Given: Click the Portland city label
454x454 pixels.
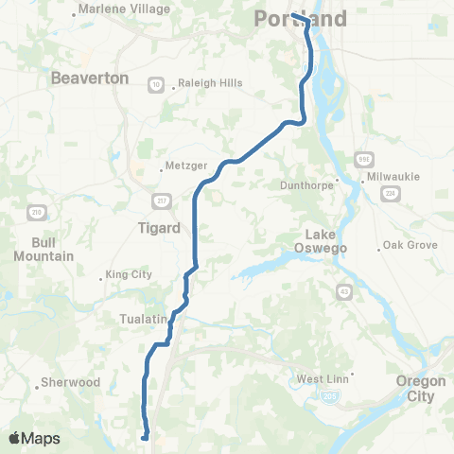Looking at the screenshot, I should pyautogui.click(x=302, y=20).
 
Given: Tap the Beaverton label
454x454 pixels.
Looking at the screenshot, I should pyautogui.click(x=91, y=78).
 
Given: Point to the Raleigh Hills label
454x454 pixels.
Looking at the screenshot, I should pyautogui.click(x=212, y=83).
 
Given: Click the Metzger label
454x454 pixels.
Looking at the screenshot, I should pyautogui.click(x=179, y=165).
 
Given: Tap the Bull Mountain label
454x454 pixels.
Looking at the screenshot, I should pyautogui.click(x=38, y=249).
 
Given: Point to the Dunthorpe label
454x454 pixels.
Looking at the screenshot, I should pyautogui.click(x=307, y=186).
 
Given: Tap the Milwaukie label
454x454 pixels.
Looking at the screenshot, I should pyautogui.click(x=398, y=177).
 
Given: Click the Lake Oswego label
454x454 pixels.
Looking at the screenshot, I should pyautogui.click(x=328, y=241).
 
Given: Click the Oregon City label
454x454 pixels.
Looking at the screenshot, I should pyautogui.click(x=420, y=389).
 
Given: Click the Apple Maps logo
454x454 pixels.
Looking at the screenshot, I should pyautogui.click(x=34, y=438).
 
